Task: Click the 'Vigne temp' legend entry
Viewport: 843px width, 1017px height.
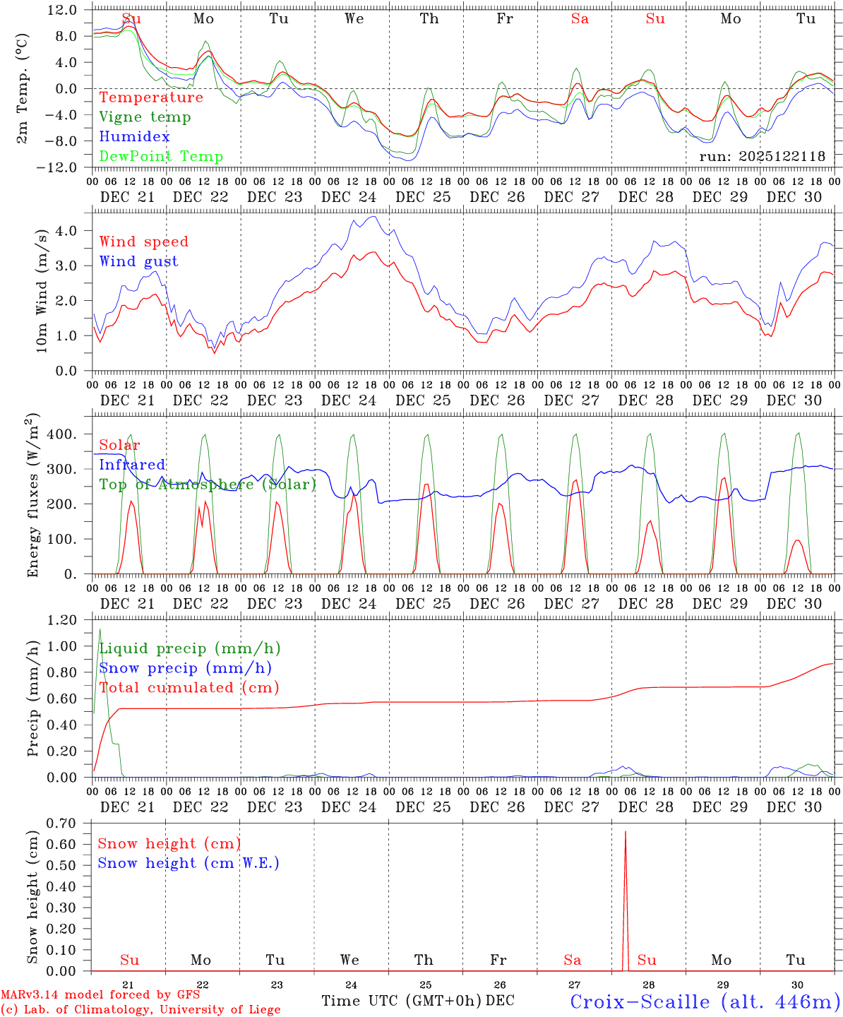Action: pyautogui.click(x=145, y=117)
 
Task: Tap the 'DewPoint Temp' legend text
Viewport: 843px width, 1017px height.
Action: pyautogui.click(x=161, y=157)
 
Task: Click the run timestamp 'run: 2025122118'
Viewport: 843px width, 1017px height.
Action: pyautogui.click(x=762, y=157)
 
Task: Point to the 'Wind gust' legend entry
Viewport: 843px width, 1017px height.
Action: pyautogui.click(x=138, y=261)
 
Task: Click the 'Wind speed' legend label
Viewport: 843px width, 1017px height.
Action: pyautogui.click(x=144, y=242)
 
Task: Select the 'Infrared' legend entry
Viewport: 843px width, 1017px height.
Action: pyautogui.click(x=132, y=465)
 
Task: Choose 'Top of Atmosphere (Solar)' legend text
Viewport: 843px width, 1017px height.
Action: pyautogui.click(x=208, y=484)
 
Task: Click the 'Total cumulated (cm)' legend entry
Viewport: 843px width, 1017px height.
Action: pyautogui.click(x=189, y=687)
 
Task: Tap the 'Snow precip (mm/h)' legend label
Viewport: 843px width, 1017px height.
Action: pyautogui.click(x=186, y=668)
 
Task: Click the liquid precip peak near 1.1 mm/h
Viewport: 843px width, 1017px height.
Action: pyautogui.click(x=100, y=629)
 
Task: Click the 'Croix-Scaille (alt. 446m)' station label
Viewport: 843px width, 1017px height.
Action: pyautogui.click(x=705, y=1001)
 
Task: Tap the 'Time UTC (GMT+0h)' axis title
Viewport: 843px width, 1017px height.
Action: pyautogui.click(x=402, y=1001)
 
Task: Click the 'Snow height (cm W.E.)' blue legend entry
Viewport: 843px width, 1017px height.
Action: pyautogui.click(x=189, y=863)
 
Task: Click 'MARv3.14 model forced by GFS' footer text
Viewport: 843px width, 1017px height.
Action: pyautogui.click(x=100, y=995)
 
